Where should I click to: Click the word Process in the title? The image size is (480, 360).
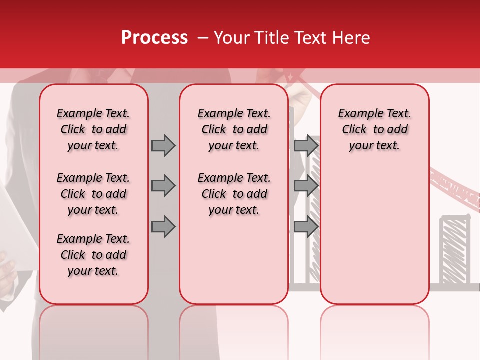[x=154, y=38]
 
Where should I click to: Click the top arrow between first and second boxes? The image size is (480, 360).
[x=163, y=145]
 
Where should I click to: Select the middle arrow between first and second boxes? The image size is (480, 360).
[x=163, y=186]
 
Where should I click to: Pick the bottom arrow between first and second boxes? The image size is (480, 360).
[x=163, y=227]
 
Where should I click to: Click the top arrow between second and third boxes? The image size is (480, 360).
[x=306, y=145]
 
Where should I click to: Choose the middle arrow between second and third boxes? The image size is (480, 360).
[x=306, y=186]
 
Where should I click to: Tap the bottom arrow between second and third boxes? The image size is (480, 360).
[x=306, y=227]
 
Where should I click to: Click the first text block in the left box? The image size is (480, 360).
[x=93, y=129]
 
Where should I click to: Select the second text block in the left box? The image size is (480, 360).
[x=93, y=194]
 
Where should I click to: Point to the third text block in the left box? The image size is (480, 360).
[x=93, y=255]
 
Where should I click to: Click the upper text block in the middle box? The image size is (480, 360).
[x=234, y=129]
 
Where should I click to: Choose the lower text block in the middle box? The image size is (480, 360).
[x=234, y=194]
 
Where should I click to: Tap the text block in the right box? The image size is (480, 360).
[x=375, y=129]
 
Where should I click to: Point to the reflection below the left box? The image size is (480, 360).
[x=94, y=330]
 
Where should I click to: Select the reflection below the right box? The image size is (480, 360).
[x=375, y=330]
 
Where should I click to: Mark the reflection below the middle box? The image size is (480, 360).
[x=234, y=330]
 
